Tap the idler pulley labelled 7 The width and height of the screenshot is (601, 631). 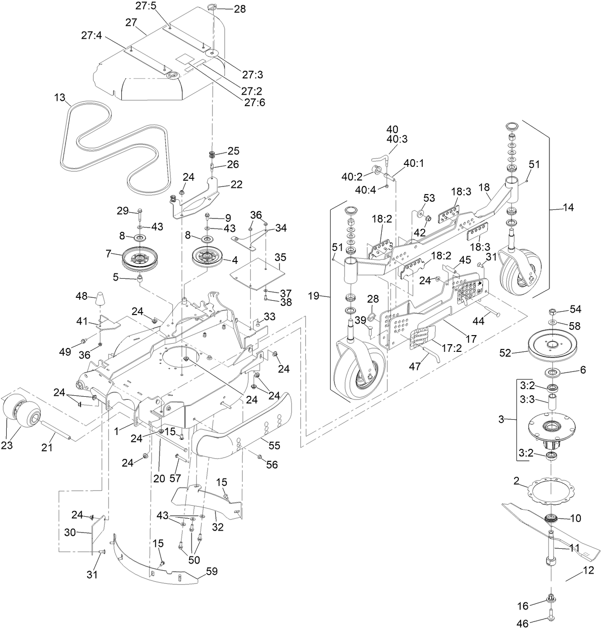click(x=139, y=259)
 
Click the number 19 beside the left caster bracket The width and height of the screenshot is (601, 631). click(x=314, y=296)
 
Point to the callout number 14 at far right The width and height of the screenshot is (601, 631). click(x=568, y=207)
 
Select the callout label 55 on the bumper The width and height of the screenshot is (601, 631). click(x=275, y=446)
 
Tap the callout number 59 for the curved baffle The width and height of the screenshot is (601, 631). click(x=212, y=571)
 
